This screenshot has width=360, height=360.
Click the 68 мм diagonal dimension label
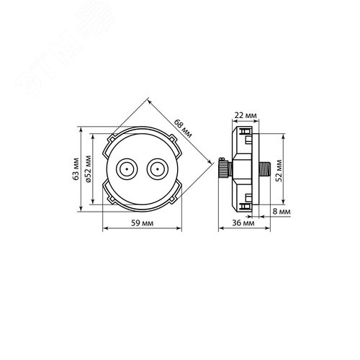[x=183, y=129]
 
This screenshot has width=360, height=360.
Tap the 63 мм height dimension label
[x=76, y=169]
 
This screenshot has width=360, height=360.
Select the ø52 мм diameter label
[x=89, y=169]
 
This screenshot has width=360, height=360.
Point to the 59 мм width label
[x=142, y=223]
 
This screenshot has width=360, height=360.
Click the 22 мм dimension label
[x=246, y=115]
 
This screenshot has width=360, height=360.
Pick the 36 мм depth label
[x=243, y=223]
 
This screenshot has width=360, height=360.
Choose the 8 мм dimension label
[x=282, y=212]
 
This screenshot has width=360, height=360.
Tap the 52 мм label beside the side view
[x=279, y=171]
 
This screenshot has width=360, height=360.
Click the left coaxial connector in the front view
[x=127, y=169]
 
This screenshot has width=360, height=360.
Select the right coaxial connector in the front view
[x=158, y=169]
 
